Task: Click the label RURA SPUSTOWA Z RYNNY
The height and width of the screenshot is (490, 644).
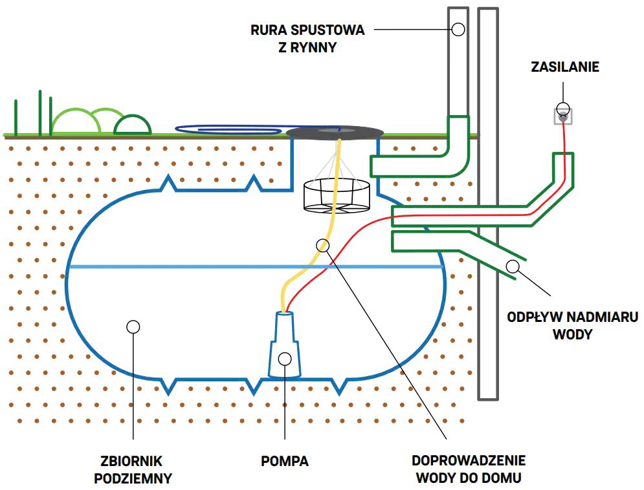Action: pyautogui.click(x=307, y=39)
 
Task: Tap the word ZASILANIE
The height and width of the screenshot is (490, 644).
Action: pyautogui.click(x=565, y=67)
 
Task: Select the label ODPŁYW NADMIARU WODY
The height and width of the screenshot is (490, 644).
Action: pyautogui.click(x=573, y=326)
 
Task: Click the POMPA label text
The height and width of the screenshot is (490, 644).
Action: pyautogui.click(x=285, y=461)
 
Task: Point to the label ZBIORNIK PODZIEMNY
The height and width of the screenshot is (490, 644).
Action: pyautogui.click(x=132, y=469)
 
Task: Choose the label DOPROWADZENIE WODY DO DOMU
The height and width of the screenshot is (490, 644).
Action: pyautogui.click(x=469, y=469)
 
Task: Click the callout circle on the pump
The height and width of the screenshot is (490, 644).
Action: pyautogui.click(x=285, y=359)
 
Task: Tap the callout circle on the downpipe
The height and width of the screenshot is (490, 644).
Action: pyautogui.click(x=458, y=30)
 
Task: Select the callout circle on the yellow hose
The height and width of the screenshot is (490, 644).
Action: pyautogui.click(x=323, y=246)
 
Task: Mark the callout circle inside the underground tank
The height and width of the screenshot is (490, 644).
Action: pyautogui.click(x=133, y=327)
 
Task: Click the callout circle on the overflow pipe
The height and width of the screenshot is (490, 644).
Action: pyautogui.click(x=513, y=266)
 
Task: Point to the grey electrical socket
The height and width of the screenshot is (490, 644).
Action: pyautogui.click(x=564, y=117)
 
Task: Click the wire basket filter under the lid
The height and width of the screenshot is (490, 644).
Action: pyautogui.click(x=337, y=196)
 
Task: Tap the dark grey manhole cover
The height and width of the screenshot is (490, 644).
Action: pyautogui.click(x=335, y=132)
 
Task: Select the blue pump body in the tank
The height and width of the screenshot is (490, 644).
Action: pyautogui.click(x=285, y=345)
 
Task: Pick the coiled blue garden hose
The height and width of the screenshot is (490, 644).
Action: pyautogui.click(x=230, y=129)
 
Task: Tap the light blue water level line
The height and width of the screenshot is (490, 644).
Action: pyautogui.click(x=256, y=267)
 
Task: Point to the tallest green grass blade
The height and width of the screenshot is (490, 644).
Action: pyautogui.click(x=40, y=112)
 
